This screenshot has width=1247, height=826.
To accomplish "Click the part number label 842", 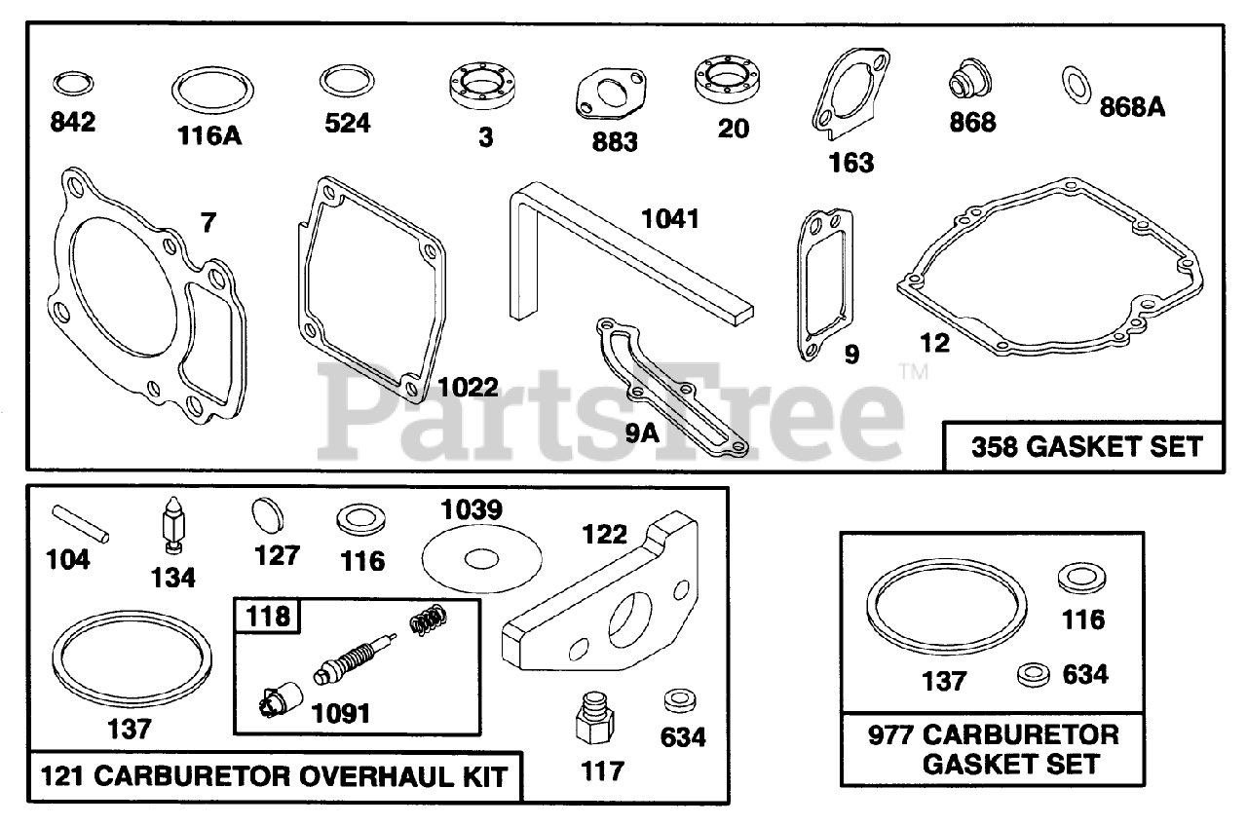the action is click(x=74, y=124).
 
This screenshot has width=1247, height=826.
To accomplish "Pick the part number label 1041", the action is click(x=669, y=218).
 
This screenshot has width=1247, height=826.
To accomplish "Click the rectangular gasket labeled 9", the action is click(x=819, y=282).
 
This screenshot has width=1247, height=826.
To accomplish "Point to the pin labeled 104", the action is click(x=82, y=522).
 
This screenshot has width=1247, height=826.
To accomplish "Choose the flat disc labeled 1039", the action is click(x=481, y=558).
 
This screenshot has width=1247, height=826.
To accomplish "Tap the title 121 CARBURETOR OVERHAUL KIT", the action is click(x=274, y=777).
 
